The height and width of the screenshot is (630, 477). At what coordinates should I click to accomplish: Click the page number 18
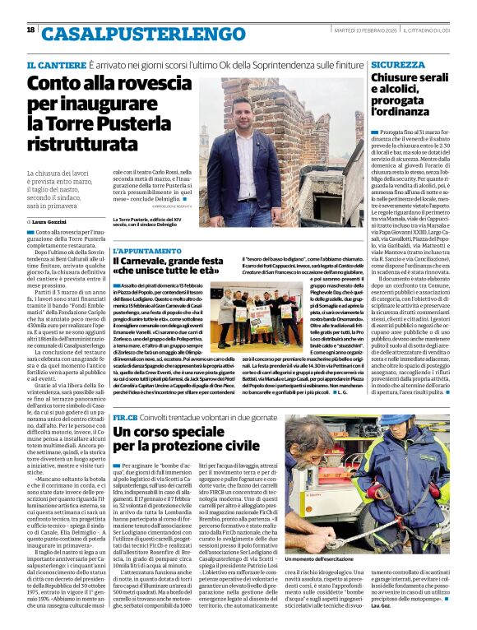(x=30, y=30)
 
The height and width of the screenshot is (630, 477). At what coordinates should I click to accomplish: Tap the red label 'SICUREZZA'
(x=397, y=64)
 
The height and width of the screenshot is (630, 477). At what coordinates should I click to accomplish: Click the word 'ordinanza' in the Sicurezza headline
(x=404, y=110)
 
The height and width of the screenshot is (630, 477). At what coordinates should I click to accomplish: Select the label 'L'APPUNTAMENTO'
(x=142, y=250)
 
